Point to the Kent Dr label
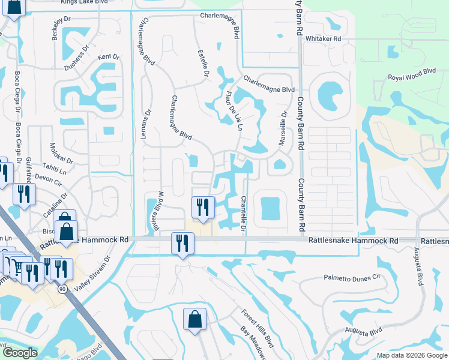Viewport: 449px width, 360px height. [109, 57]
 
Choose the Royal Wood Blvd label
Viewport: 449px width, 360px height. [411, 74]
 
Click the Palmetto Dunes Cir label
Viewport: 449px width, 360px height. [352, 278]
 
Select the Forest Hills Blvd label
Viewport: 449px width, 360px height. [258, 325]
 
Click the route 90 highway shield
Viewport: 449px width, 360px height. [62, 289]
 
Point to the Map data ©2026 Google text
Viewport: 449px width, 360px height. [411, 355]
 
